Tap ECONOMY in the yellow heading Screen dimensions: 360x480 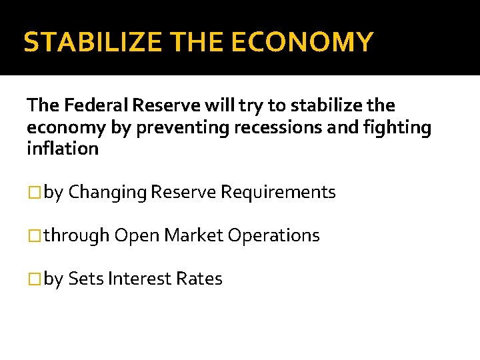point(302,42)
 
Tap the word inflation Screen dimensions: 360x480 point(62,148)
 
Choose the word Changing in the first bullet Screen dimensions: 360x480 point(108,193)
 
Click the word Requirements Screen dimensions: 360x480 point(278,193)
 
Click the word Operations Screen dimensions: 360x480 point(273,236)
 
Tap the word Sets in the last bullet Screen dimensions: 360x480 point(85,279)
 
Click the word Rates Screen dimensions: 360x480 point(199,279)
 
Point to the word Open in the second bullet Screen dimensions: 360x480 point(137,236)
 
